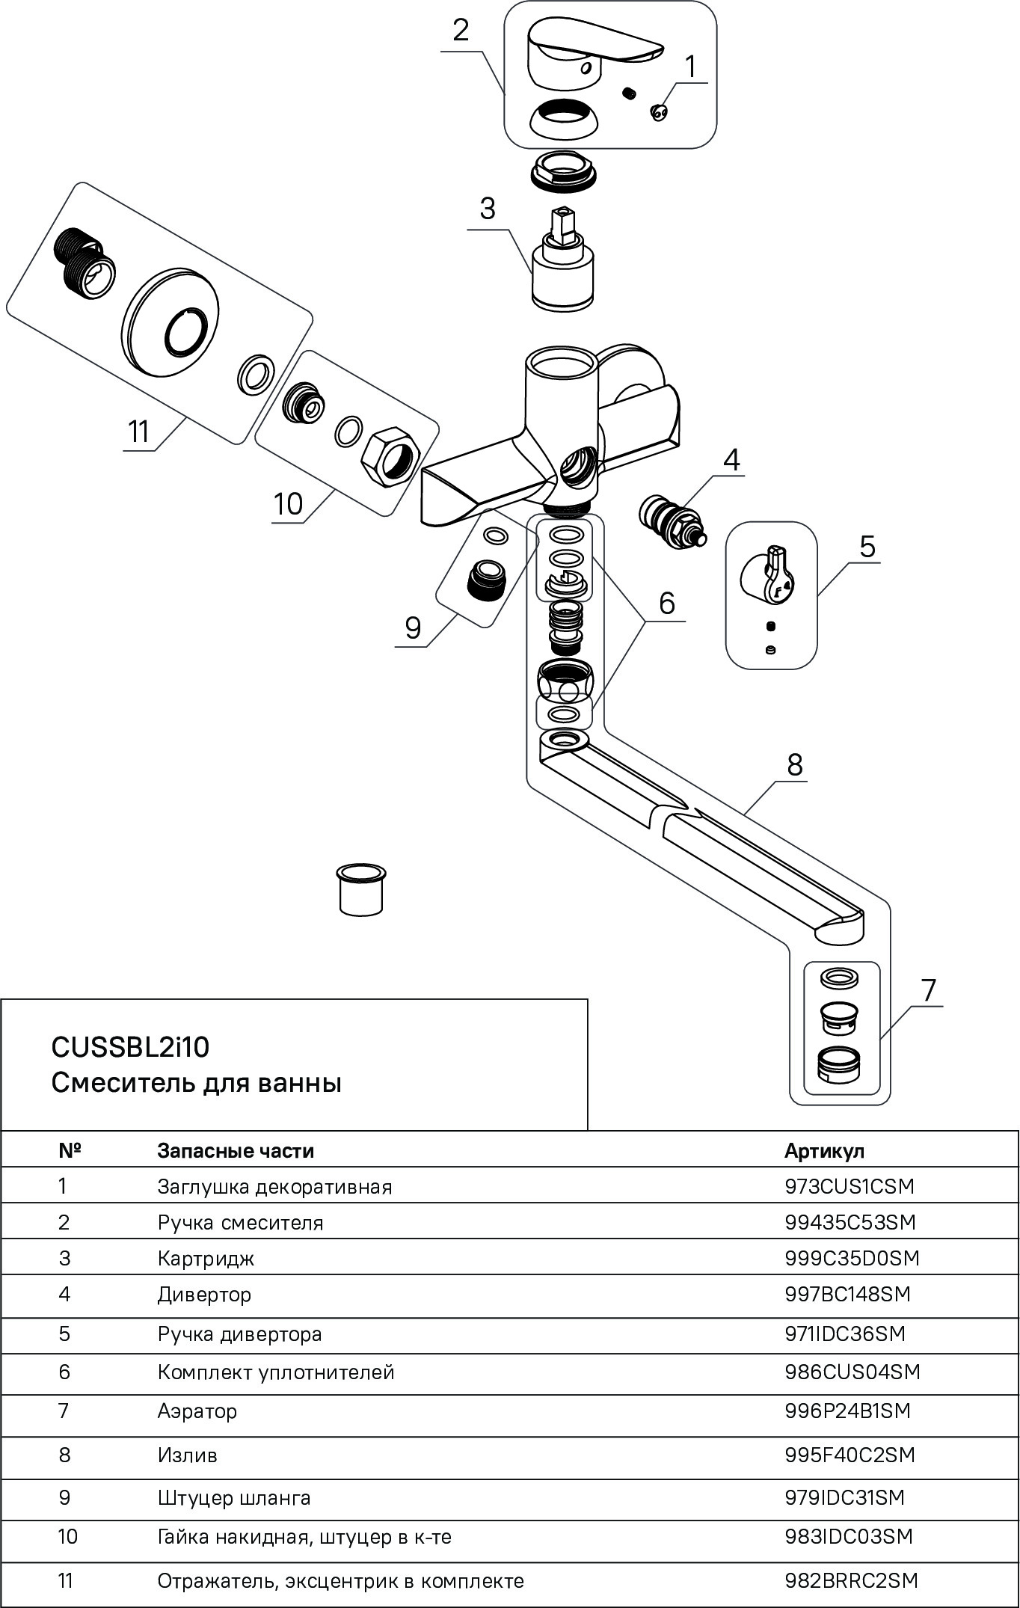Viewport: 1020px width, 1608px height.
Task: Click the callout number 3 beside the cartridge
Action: click(x=488, y=209)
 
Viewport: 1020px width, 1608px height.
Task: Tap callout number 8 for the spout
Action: click(x=794, y=764)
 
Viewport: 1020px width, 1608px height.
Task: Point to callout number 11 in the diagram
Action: click(x=139, y=432)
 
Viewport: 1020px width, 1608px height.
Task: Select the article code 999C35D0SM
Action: click(x=851, y=1258)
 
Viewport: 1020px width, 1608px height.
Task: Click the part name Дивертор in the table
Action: click(x=204, y=1294)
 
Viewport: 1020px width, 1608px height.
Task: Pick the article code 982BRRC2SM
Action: click(x=851, y=1581)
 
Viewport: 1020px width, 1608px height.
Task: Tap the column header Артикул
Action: click(x=824, y=1150)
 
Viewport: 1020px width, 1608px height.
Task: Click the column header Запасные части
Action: click(x=236, y=1150)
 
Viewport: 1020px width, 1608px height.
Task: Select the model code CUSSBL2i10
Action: click(x=130, y=1047)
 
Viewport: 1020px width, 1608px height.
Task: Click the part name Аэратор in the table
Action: click(x=197, y=1411)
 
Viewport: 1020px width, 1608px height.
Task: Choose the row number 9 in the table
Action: click(x=65, y=1497)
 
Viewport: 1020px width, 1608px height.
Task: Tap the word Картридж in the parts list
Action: click(x=206, y=1258)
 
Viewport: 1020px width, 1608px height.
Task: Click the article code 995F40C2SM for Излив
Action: click(x=850, y=1455)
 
